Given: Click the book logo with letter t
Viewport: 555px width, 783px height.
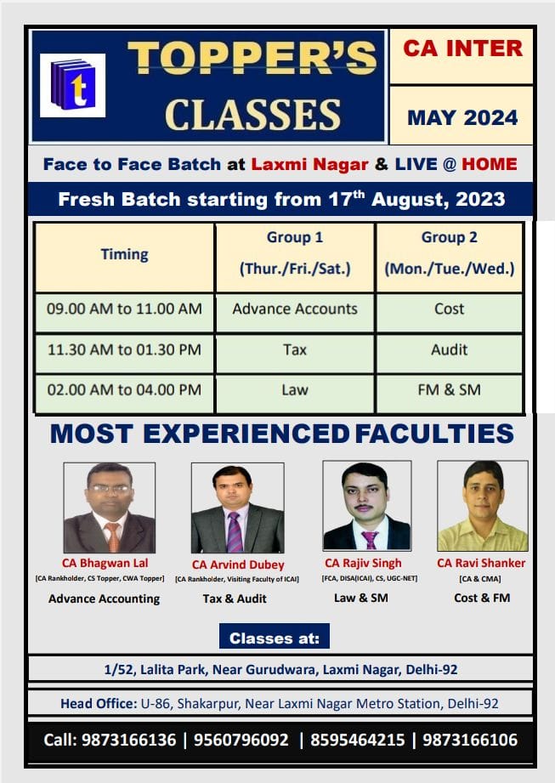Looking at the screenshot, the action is pyautogui.click(x=72, y=85).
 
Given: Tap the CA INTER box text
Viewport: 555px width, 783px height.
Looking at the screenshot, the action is pyautogui.click(x=462, y=48).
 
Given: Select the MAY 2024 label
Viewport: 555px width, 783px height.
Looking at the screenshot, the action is pyautogui.click(x=462, y=118).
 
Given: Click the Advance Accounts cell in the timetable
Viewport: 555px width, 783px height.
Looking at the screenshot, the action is pyautogui.click(x=295, y=309).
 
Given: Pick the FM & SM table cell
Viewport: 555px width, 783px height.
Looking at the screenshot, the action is pyautogui.click(x=450, y=389).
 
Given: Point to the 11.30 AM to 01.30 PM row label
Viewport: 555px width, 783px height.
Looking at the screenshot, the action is pyautogui.click(x=124, y=349).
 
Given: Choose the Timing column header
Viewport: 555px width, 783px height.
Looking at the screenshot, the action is pyautogui.click(x=124, y=255).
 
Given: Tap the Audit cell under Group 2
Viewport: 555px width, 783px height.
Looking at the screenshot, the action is pyautogui.click(x=450, y=349).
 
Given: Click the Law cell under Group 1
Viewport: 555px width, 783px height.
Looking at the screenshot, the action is pyautogui.click(x=295, y=389).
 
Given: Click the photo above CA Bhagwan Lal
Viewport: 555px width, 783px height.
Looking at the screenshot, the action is pyautogui.click(x=110, y=508).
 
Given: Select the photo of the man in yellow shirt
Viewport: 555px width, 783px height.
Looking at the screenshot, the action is pyautogui.click(x=482, y=505).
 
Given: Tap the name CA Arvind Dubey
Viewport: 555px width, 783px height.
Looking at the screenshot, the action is pyautogui.click(x=238, y=565).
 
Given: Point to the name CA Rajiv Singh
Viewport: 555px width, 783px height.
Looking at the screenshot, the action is pyautogui.click(x=363, y=564).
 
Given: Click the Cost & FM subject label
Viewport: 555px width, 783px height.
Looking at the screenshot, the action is pyautogui.click(x=482, y=598).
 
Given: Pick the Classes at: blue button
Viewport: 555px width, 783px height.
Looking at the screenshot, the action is pyautogui.click(x=275, y=636).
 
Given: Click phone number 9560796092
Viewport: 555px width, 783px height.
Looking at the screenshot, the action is pyautogui.click(x=241, y=740).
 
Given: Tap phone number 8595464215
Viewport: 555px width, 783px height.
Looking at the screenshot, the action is pyautogui.click(x=357, y=740).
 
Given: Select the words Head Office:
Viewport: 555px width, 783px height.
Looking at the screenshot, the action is pyautogui.click(x=99, y=704).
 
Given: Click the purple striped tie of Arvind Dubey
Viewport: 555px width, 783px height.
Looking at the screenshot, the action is pyautogui.click(x=235, y=532).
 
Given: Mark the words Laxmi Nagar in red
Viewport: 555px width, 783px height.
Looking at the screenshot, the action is pyautogui.click(x=309, y=164).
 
